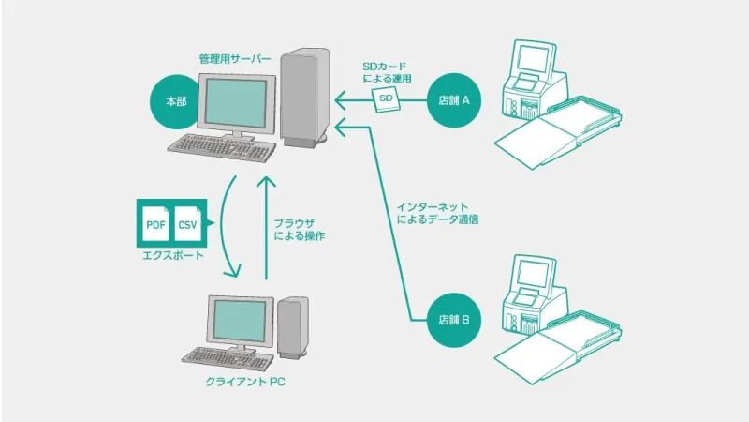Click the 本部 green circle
pos(177,101)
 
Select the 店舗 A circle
pos(454,100)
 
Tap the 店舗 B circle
pos(454,320)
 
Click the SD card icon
pos(386,99)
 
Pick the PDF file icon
pos(155,223)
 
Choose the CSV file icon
pos(188,223)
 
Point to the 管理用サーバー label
pos(235,59)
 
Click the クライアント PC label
pos(245,382)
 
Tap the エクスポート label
pos(173,255)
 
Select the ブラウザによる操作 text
pos(299,229)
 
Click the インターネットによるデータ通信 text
pos(437,214)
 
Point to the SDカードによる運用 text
pos(387,72)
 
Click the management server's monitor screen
pos(236,103)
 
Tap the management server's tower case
pos(305,98)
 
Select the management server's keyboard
pos(220,147)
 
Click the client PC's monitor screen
pos(240,320)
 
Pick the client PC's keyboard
pos(228,358)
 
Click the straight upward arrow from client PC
pos(266,228)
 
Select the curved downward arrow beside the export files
pos(228,226)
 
